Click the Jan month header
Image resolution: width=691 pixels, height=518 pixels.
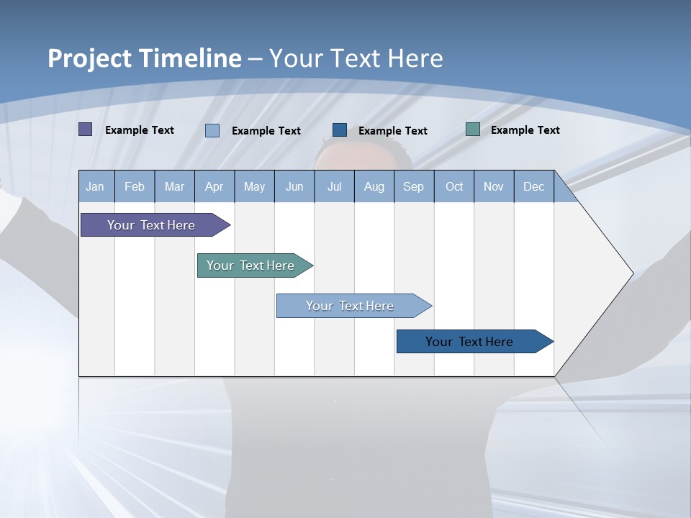click(95, 187)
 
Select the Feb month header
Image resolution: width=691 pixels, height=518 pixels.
click(135, 187)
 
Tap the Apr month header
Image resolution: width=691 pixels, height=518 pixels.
click(214, 187)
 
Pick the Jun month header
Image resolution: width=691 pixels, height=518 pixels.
click(294, 187)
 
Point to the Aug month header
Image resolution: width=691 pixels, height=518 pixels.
click(374, 187)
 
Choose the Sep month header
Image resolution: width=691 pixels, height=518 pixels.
click(413, 187)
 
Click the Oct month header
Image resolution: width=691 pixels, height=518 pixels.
click(454, 187)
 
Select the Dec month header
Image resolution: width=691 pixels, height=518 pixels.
click(533, 187)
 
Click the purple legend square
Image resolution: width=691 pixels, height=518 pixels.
click(85, 129)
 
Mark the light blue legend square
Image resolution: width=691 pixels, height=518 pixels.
click(212, 130)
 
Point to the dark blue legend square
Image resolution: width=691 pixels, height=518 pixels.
click(340, 130)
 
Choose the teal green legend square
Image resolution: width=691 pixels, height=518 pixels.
click(473, 129)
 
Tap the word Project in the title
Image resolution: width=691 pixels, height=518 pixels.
click(89, 58)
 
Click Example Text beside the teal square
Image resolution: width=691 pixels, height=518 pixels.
click(525, 130)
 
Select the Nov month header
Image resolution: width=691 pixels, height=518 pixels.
click(494, 187)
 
